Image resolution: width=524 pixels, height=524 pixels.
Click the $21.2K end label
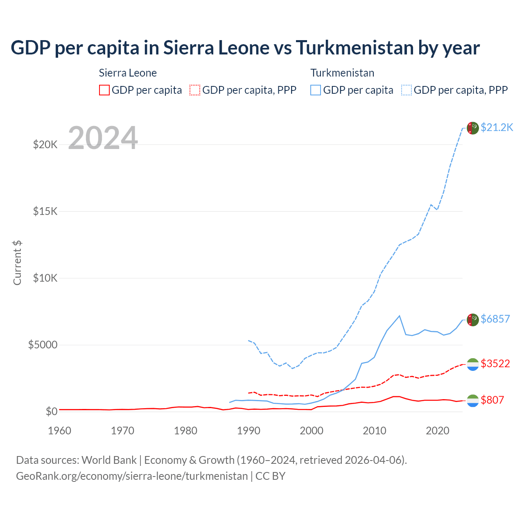tap(497, 127)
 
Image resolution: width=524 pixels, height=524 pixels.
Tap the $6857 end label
tap(495, 319)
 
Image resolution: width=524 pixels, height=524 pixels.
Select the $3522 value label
tap(495, 364)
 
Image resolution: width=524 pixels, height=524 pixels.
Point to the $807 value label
tap(492, 400)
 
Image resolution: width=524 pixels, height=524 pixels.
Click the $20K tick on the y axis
tap(45, 145)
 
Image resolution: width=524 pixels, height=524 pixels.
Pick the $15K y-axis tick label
tap(45, 211)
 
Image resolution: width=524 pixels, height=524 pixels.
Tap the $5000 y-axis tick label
tap(43, 345)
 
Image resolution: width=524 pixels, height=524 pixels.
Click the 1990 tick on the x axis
tap(248, 431)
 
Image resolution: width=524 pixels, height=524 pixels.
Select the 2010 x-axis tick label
tap(375, 431)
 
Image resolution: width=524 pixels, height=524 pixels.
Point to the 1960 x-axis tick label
tap(60, 431)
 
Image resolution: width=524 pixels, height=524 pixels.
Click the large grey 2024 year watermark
tap(103, 138)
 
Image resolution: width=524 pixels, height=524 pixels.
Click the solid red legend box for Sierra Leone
tap(104, 90)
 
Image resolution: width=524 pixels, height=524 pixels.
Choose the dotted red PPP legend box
tap(195, 90)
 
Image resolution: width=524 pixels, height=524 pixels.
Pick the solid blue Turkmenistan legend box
tap(316, 90)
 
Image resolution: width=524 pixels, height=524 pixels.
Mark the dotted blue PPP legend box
tap(407, 90)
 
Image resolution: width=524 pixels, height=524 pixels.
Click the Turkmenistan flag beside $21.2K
tap(473, 128)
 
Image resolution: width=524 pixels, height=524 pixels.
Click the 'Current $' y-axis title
tap(17, 263)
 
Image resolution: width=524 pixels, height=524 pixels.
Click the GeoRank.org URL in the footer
tap(132, 476)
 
